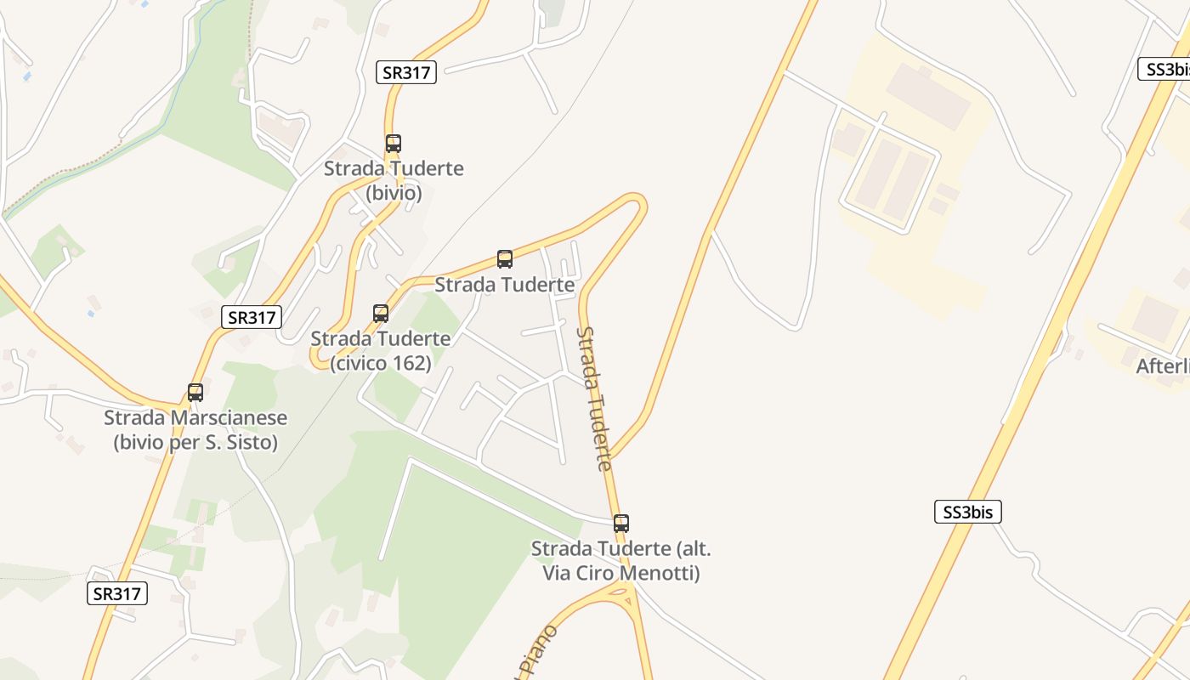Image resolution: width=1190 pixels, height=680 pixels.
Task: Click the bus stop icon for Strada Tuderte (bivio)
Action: (x=393, y=144)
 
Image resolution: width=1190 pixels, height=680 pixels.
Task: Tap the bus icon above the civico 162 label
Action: (x=381, y=314)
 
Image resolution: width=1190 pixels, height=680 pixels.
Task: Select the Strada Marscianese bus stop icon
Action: (x=195, y=393)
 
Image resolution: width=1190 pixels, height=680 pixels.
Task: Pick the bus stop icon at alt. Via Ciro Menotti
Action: (x=621, y=524)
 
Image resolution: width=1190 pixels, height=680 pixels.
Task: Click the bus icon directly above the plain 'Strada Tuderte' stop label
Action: (x=505, y=259)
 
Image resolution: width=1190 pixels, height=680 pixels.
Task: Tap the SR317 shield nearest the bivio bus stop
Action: (x=406, y=72)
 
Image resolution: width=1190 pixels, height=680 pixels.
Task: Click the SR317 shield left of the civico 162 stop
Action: (x=252, y=318)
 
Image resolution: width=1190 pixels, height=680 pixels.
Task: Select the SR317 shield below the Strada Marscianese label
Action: (x=117, y=593)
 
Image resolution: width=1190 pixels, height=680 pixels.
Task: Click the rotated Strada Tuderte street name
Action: (x=594, y=398)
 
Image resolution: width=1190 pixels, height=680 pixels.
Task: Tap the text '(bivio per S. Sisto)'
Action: (x=195, y=443)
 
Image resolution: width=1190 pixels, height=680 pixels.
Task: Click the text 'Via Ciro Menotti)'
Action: (x=621, y=573)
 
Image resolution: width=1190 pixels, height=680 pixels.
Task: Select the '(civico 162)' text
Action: (x=381, y=363)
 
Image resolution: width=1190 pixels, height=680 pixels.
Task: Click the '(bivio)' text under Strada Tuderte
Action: (x=394, y=193)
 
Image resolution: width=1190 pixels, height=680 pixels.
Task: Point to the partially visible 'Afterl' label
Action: (x=1163, y=366)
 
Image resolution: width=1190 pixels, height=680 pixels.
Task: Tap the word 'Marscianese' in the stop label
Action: (x=230, y=418)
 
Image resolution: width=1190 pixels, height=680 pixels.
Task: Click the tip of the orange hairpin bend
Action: (x=639, y=202)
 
